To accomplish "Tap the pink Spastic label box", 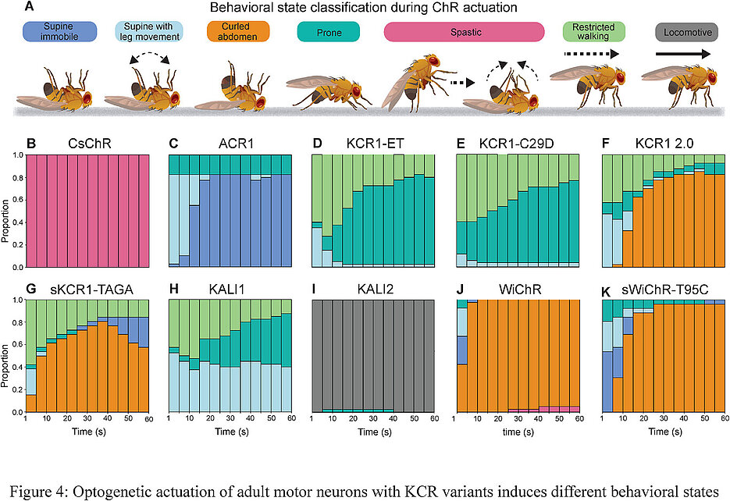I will click(464, 31).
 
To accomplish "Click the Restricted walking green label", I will click(593, 31).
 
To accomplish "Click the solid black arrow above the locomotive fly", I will click(683, 55).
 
